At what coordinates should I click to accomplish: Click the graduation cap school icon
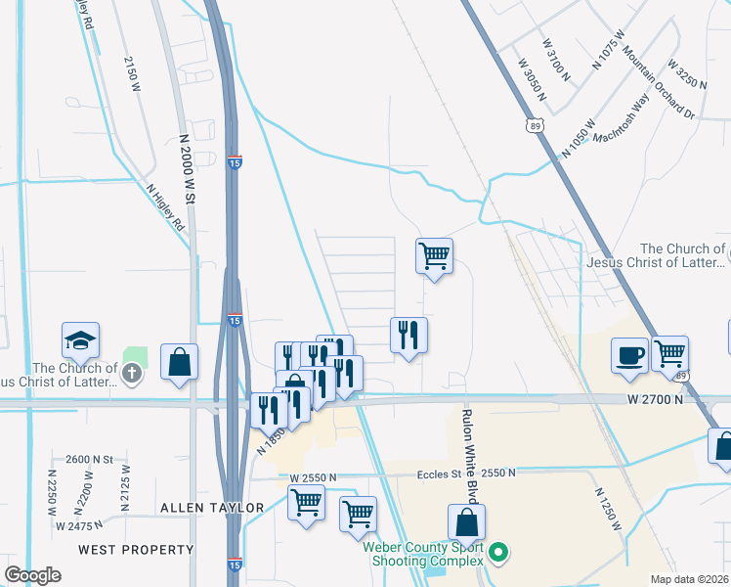click(x=82, y=340)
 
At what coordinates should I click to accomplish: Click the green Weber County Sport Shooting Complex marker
click(x=498, y=554)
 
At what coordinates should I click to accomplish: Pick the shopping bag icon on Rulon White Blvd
click(x=467, y=522)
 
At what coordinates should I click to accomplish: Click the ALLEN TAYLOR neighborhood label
click(x=213, y=507)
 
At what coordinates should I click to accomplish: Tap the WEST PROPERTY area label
click(x=136, y=550)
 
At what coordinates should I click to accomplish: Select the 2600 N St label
click(x=90, y=459)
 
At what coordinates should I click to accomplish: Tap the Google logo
click(x=32, y=575)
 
